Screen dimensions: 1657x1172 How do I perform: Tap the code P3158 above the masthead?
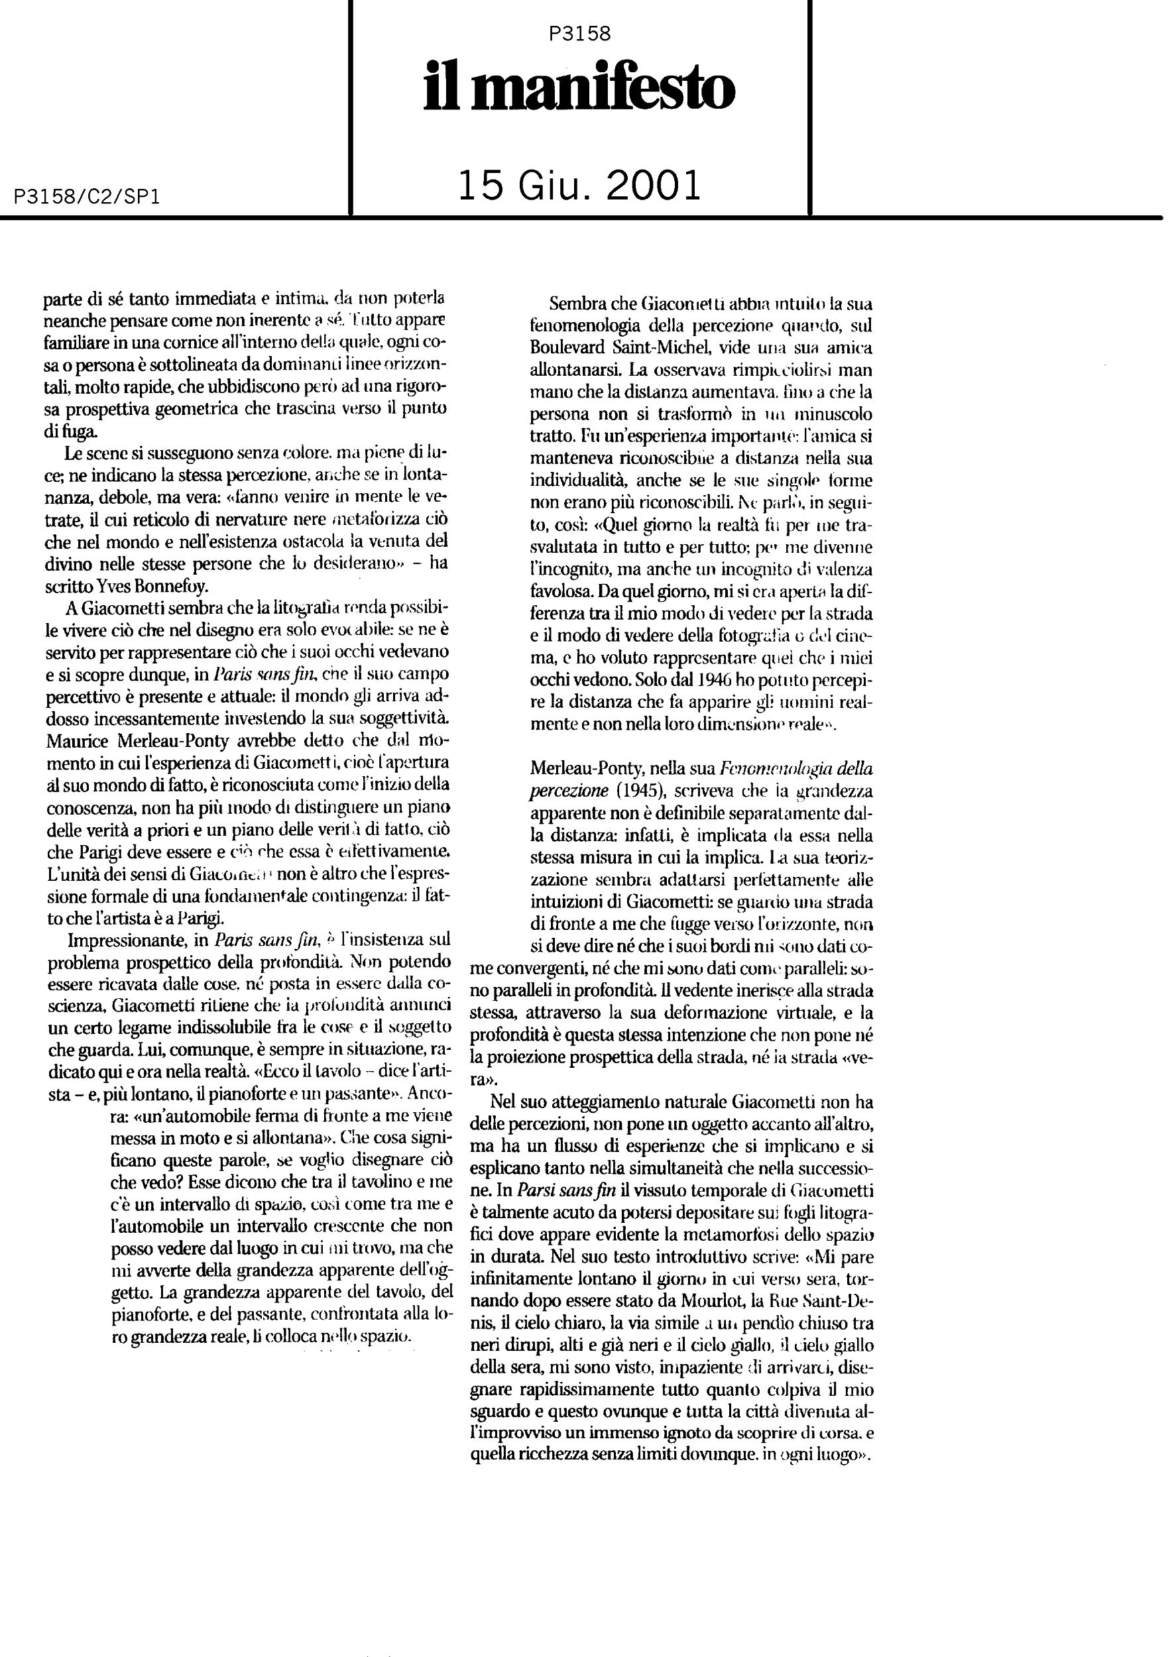pyautogui.click(x=579, y=33)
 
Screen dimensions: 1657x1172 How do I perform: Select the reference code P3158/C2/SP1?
pyautogui.click(x=87, y=197)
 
